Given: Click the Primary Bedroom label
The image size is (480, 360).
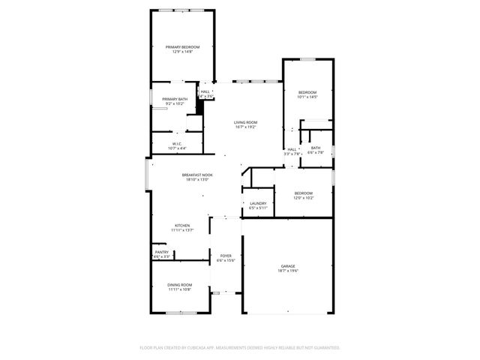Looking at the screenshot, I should tap(183, 46).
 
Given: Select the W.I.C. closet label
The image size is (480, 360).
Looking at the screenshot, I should tap(177, 144).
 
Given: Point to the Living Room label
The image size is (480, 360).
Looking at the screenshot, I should tap(245, 121).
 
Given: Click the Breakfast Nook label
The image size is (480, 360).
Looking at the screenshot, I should tap(196, 175).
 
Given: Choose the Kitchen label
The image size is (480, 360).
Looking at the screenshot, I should tap(182, 225).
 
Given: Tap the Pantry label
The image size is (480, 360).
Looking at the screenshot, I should tap(161, 253).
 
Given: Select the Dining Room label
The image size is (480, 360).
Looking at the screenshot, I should tap(179, 285).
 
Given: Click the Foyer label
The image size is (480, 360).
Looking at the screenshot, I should tap(225, 256).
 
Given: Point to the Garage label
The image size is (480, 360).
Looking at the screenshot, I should tap(288, 266).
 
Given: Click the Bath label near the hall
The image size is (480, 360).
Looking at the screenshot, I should tap(316, 148).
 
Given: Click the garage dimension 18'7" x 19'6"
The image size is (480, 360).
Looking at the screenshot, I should tap(288, 271).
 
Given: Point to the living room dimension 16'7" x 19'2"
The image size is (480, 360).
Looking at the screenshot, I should tap(245, 127).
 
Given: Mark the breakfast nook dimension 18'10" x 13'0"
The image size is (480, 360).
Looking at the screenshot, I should tap(196, 180).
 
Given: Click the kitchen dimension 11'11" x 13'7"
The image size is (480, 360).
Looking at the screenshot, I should tap(182, 230).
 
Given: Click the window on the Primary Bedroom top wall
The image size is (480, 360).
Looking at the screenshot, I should tap(182, 9).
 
